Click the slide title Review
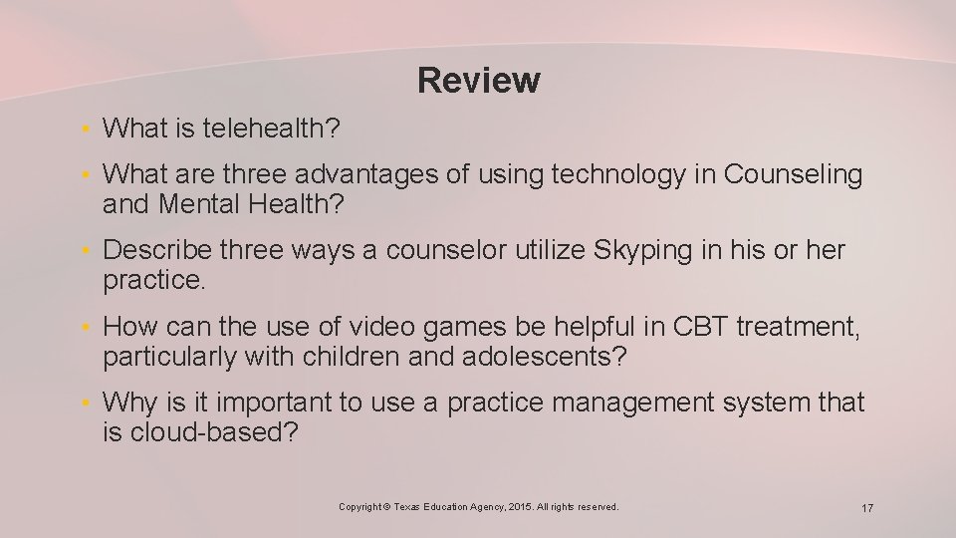click(x=479, y=80)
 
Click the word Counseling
click(x=793, y=174)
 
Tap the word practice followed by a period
click(x=153, y=280)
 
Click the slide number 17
click(x=867, y=509)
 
